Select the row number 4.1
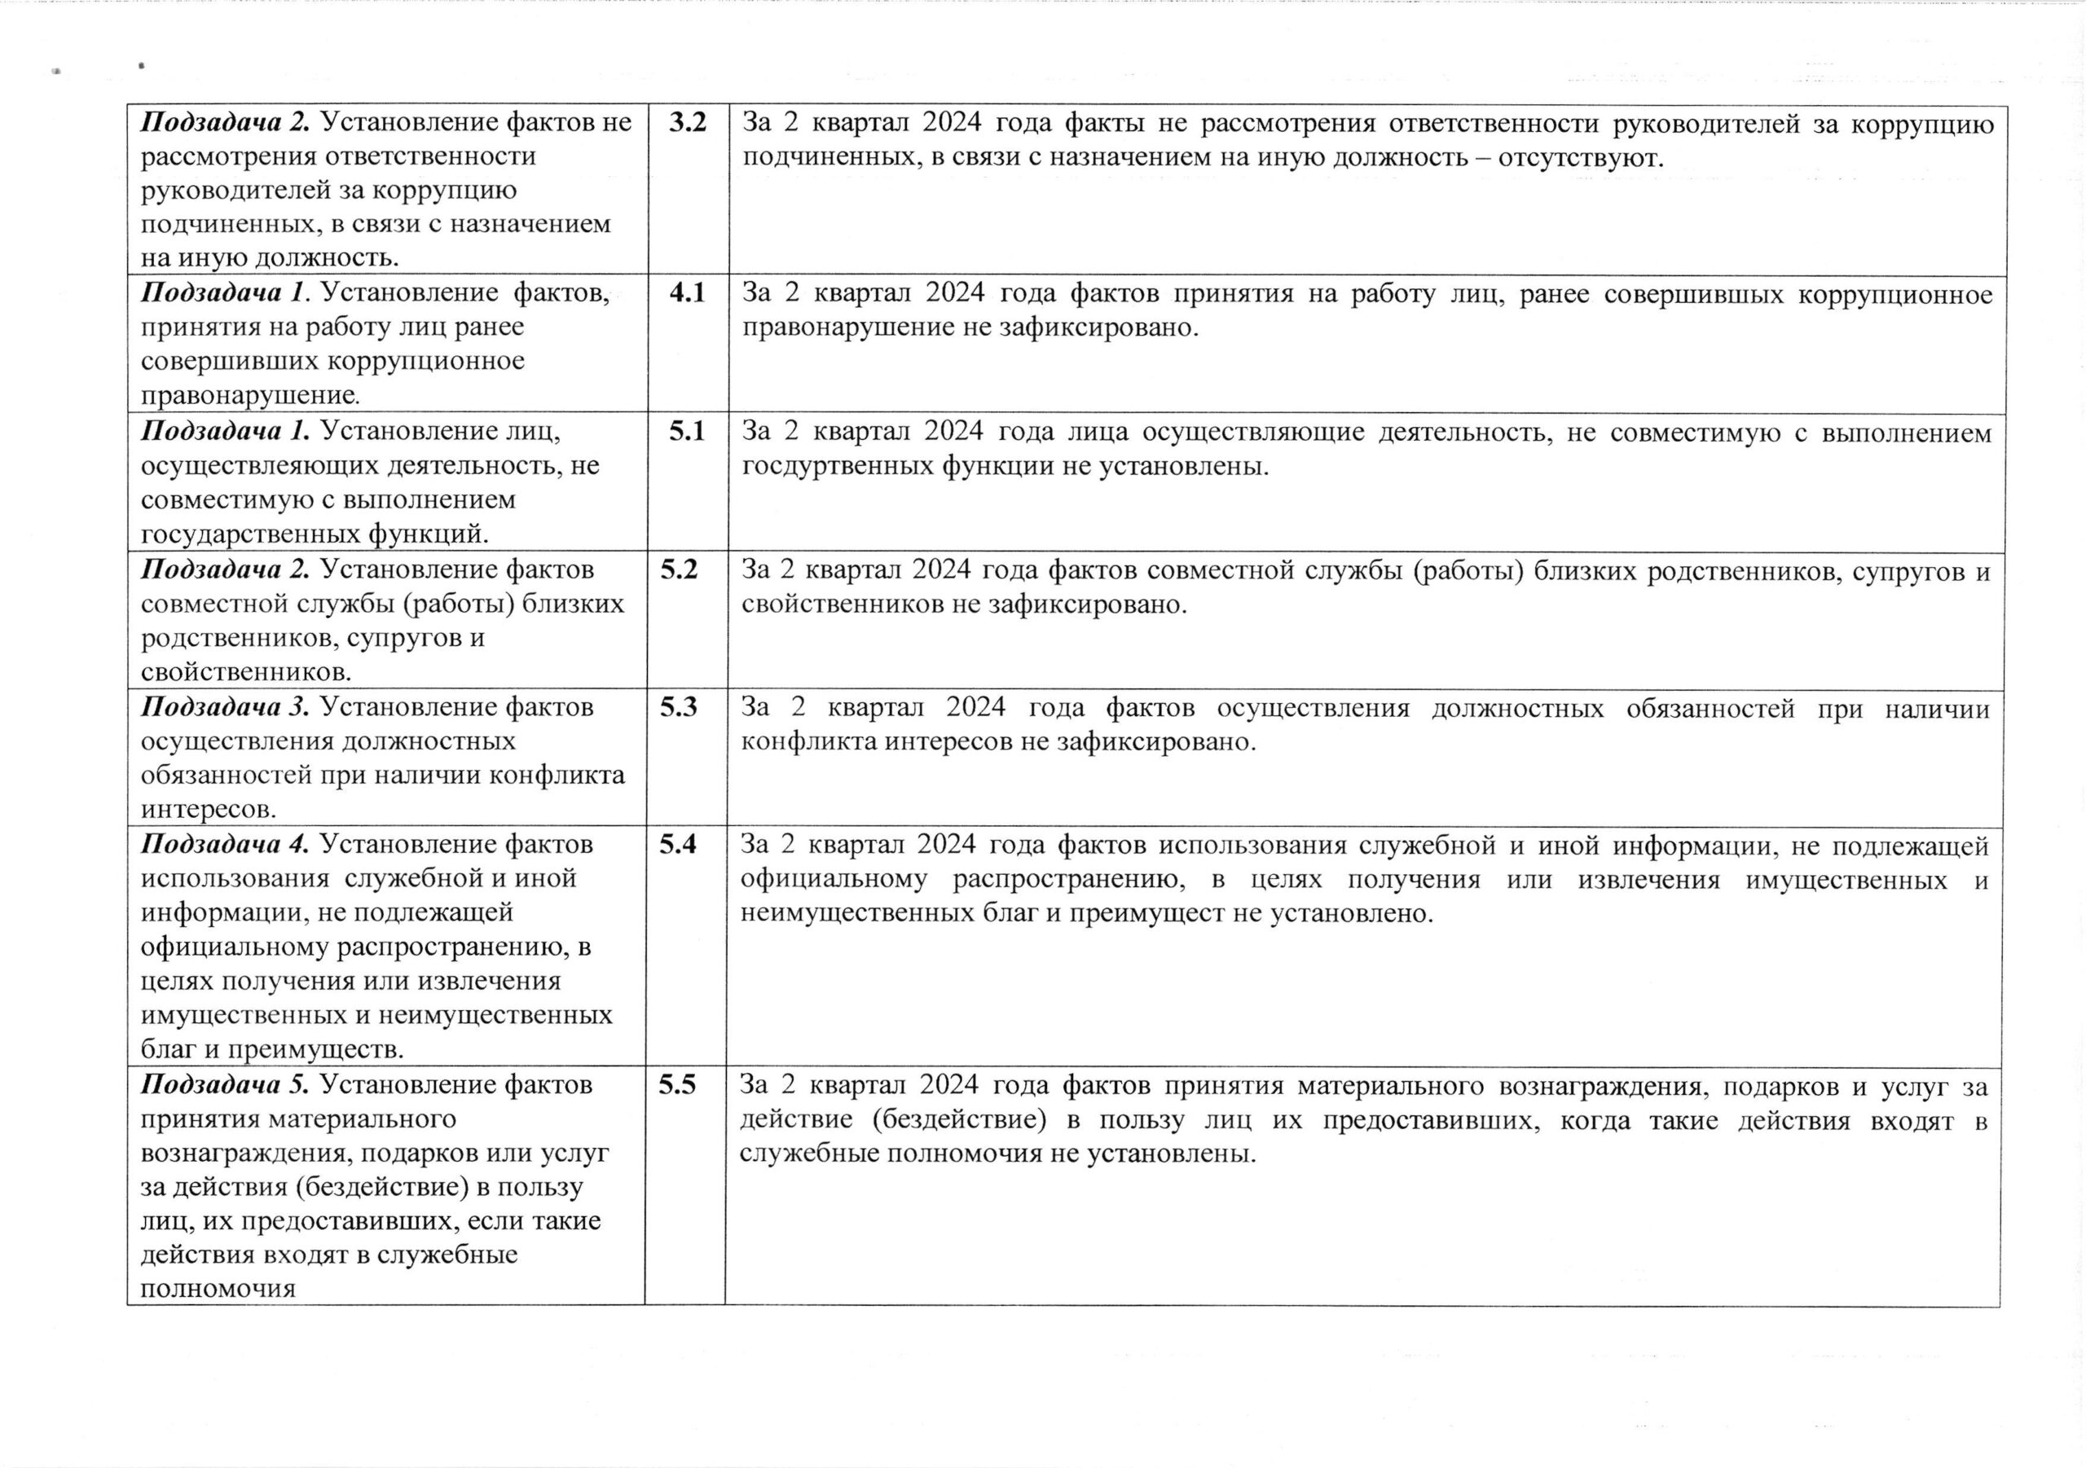coord(687,292)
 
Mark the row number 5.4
coord(678,844)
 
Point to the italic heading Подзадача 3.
coord(227,707)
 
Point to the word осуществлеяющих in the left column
coord(260,465)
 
